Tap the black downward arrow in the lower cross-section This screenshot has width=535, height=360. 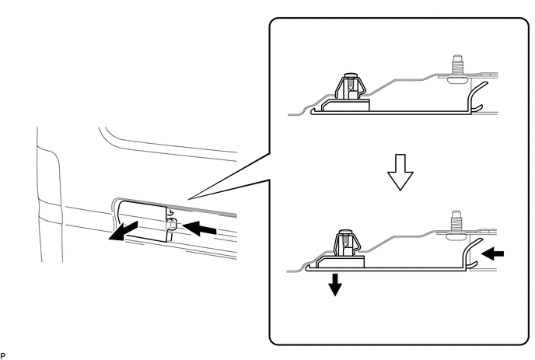pyautogui.click(x=335, y=285)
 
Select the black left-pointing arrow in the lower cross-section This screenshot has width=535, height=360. pyautogui.click(x=491, y=252)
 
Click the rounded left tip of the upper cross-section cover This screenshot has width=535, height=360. pyautogui.click(x=313, y=110)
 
